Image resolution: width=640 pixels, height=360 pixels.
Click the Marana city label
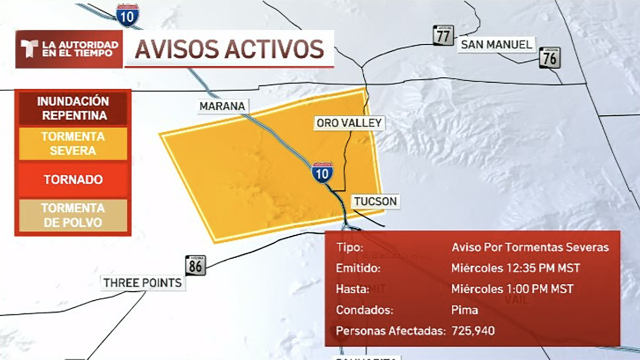pos(222,106)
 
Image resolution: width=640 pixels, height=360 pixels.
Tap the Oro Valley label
pos(349,123)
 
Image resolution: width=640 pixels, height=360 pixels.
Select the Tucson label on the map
pos(374,201)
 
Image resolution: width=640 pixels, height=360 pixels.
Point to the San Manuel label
pos(497,44)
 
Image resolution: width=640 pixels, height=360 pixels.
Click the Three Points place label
pos(143,283)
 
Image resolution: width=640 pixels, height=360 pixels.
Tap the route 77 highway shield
pos(443,35)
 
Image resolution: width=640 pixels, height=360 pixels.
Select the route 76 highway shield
pos(549,58)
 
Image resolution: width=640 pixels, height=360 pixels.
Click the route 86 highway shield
pos(195,265)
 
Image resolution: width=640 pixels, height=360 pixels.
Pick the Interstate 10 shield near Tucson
pos(323,173)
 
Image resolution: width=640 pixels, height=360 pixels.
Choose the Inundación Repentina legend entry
pos(73,108)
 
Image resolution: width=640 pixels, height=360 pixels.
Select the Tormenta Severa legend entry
pos(73,144)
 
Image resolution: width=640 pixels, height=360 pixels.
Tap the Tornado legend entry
pos(73,180)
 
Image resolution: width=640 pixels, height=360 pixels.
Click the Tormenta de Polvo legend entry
pos(73,215)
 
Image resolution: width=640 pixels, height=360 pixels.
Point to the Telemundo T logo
pos(28,49)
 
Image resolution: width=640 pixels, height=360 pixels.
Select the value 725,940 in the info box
pos(473,331)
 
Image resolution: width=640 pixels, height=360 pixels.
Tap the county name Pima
pos(465,310)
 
